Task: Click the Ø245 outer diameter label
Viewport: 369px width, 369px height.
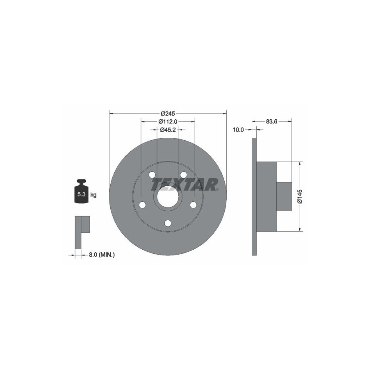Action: [168, 114]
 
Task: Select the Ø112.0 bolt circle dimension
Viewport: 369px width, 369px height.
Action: [168, 122]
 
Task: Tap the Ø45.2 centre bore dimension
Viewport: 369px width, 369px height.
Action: [168, 130]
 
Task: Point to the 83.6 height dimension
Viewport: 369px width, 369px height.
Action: [271, 122]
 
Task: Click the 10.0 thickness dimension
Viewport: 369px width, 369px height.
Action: [238, 130]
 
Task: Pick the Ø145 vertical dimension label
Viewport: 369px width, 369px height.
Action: [299, 196]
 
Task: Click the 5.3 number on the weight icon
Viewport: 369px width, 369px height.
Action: [81, 194]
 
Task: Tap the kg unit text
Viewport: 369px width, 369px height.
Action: [93, 195]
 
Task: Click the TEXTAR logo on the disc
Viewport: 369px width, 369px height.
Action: [184, 184]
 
